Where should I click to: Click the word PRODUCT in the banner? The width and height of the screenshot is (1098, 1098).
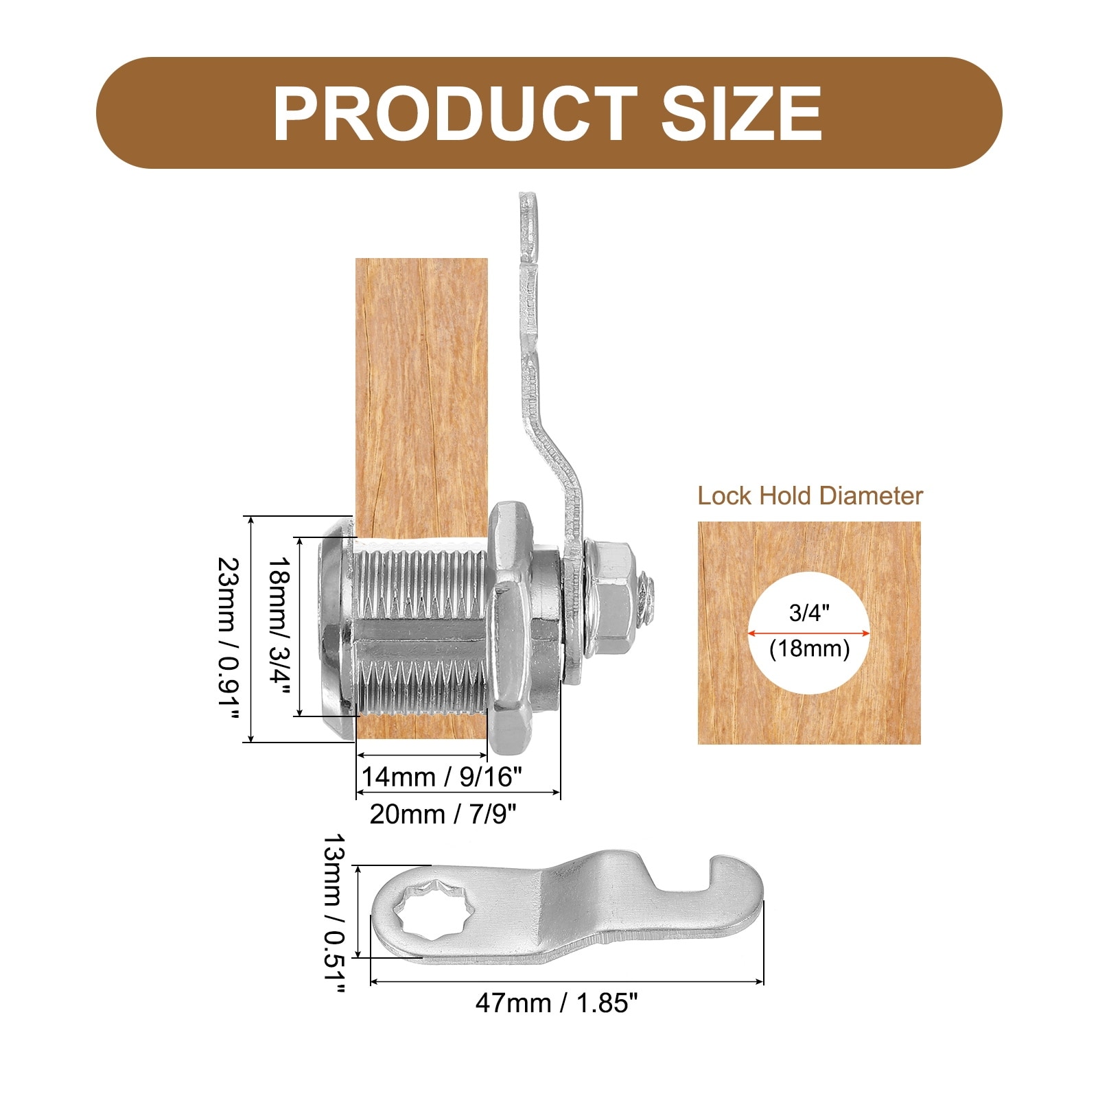(455, 113)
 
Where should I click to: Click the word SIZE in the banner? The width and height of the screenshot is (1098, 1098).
(741, 113)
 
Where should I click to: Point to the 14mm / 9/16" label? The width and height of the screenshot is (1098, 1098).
(441, 777)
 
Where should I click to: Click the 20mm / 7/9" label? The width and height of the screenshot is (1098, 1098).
(443, 814)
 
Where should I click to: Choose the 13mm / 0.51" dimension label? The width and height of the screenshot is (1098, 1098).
(335, 913)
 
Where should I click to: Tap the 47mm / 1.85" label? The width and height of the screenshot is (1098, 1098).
(557, 1003)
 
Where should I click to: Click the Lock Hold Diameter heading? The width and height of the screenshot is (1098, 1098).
(810, 495)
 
